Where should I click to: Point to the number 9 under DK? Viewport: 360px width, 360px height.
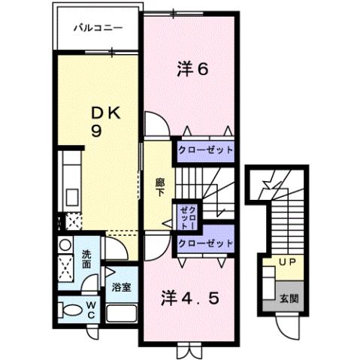[97, 130]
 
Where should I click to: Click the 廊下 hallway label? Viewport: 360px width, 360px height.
[160, 186]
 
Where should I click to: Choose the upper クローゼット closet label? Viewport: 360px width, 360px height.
[205, 150]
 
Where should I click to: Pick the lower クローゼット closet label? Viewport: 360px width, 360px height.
[205, 243]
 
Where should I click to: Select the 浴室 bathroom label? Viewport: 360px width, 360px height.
[121, 287]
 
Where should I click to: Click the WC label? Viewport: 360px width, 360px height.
[88, 309]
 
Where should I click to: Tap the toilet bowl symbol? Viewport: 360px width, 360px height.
[68, 310]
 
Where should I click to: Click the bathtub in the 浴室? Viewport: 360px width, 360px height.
[121, 312]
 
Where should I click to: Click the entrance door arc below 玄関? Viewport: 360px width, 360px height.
[288, 325]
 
